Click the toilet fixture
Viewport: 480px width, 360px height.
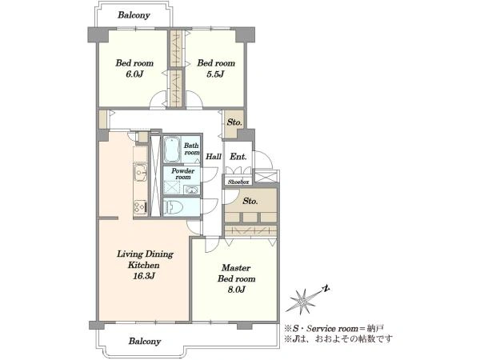tap(173, 207)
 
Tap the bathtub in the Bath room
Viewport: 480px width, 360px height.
tap(172, 150)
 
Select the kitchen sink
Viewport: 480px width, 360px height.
tap(141, 173)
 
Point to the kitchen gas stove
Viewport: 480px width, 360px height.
tap(141, 206)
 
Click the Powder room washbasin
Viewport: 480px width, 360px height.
tap(192, 190)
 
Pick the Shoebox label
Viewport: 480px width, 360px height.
tap(238, 182)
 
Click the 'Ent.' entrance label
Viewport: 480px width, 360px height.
tap(238, 157)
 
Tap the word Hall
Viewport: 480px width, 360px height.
tap(214, 157)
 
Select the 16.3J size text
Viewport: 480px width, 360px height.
tap(143, 276)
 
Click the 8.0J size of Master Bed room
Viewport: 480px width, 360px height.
tap(236, 290)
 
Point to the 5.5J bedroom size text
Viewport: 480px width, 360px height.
tap(215, 74)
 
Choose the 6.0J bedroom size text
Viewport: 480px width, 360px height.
tap(134, 74)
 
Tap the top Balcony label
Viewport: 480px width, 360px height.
tap(134, 15)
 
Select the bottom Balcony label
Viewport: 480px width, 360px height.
tap(145, 341)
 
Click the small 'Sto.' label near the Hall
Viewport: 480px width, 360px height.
tap(234, 122)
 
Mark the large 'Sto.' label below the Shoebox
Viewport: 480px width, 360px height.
tap(250, 201)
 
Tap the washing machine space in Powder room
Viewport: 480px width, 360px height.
tap(171, 187)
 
